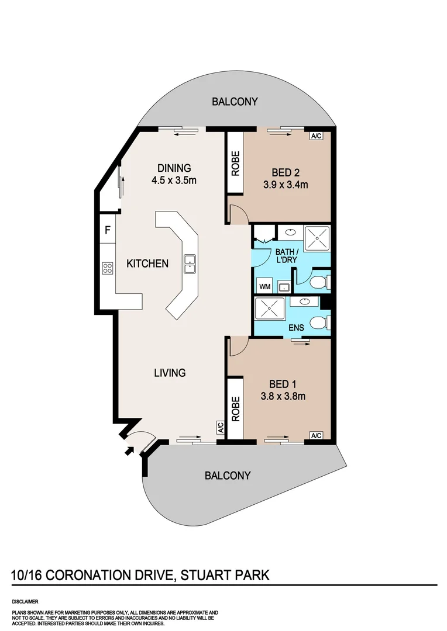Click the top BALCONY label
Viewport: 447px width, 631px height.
[235, 102]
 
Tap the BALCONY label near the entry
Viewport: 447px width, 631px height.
[228, 476]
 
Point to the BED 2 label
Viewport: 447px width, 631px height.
[286, 172]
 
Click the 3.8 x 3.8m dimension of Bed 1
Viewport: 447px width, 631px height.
[284, 397]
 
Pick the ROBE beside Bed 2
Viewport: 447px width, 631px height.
[235, 163]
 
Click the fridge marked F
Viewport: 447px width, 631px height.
[108, 230]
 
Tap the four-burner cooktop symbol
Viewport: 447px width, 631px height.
[108, 268]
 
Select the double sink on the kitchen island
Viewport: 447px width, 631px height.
[190, 264]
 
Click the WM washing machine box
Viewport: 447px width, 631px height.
[264, 287]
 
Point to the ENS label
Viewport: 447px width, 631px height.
[296, 328]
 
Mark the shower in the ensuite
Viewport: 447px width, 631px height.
[269, 308]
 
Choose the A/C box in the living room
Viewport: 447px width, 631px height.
[221, 428]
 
